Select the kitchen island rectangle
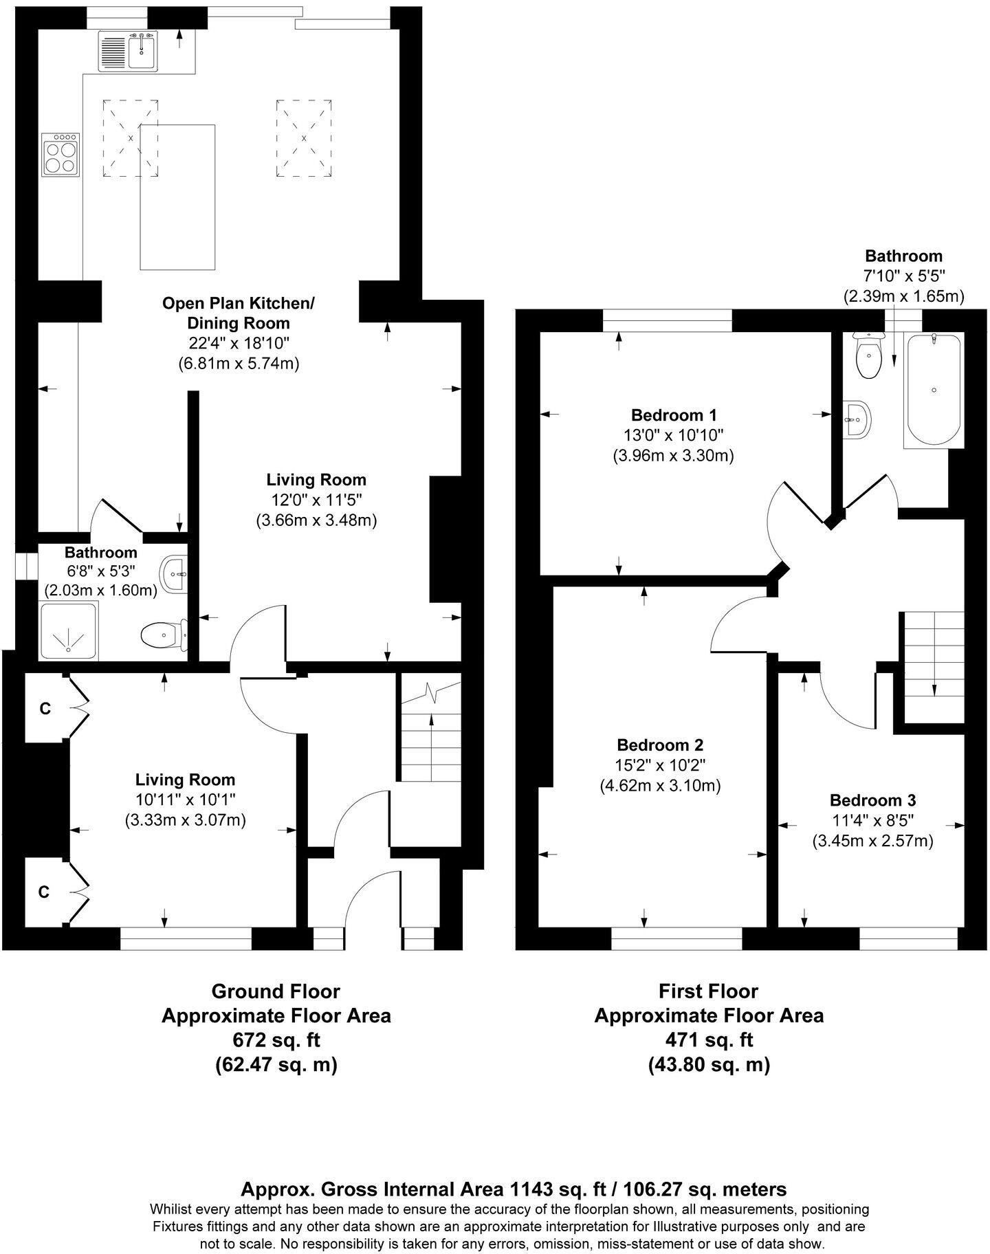click(178, 197)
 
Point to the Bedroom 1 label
click(674, 415)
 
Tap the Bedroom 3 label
click(872, 800)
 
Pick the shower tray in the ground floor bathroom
click(69, 630)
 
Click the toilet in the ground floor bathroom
click(164, 635)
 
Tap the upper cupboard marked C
click(45, 709)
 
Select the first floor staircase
click(934, 663)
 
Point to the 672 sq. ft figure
click(276, 1039)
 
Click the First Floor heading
click(708, 991)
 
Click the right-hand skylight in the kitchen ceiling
click(304, 137)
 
